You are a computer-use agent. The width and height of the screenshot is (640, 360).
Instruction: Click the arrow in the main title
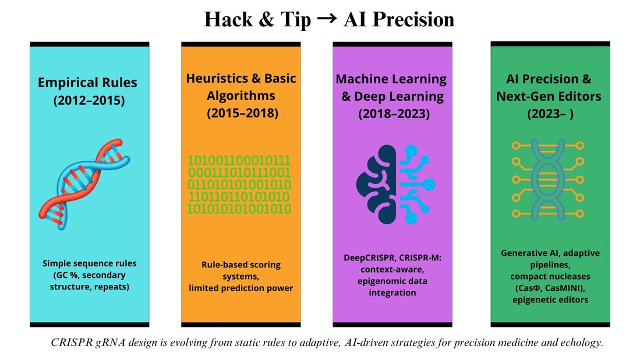(327, 19)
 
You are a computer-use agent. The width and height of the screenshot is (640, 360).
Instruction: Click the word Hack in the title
(228, 19)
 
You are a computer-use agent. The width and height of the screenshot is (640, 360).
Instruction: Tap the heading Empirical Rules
(87, 83)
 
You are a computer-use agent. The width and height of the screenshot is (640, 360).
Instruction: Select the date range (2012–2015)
(89, 100)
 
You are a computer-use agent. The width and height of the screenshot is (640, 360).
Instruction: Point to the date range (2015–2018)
(242, 112)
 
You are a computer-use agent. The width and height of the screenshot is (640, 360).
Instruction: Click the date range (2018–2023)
(394, 114)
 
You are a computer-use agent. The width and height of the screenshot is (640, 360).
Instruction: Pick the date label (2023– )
(550, 114)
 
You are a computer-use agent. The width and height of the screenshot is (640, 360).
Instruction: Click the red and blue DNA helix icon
(84, 185)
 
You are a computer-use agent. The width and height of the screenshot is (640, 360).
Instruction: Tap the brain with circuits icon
(395, 185)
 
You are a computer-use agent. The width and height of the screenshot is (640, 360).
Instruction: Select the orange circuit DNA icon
(548, 179)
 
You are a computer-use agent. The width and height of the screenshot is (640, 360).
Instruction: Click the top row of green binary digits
(239, 160)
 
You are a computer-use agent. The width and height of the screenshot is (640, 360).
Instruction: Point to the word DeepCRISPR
(369, 258)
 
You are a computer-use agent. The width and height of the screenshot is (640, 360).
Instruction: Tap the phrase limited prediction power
(241, 288)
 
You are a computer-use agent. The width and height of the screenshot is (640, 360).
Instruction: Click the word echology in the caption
(582, 343)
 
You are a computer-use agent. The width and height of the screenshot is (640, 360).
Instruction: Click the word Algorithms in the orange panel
(241, 96)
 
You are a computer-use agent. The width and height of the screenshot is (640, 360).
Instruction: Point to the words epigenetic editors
(550, 300)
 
